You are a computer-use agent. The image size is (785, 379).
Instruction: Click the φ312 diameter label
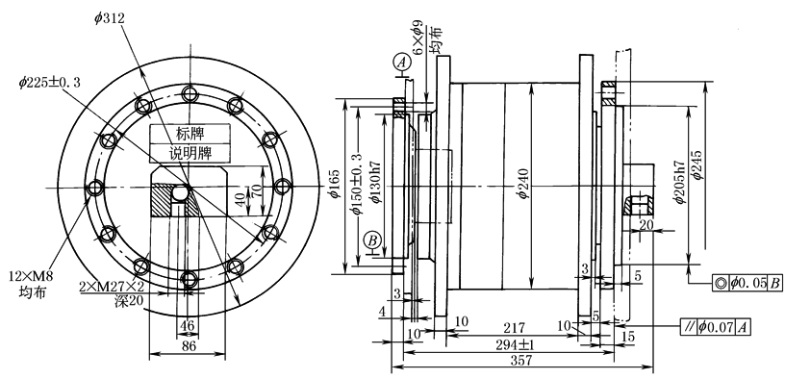click(109, 18)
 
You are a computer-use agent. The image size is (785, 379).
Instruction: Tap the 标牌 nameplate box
click(190, 134)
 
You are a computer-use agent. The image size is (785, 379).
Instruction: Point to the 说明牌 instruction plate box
click(190, 153)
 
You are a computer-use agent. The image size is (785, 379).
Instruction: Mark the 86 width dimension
click(188, 346)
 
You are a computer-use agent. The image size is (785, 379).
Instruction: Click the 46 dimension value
click(188, 325)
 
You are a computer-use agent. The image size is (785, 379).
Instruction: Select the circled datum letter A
click(400, 63)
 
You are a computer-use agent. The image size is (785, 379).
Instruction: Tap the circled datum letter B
click(373, 240)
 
